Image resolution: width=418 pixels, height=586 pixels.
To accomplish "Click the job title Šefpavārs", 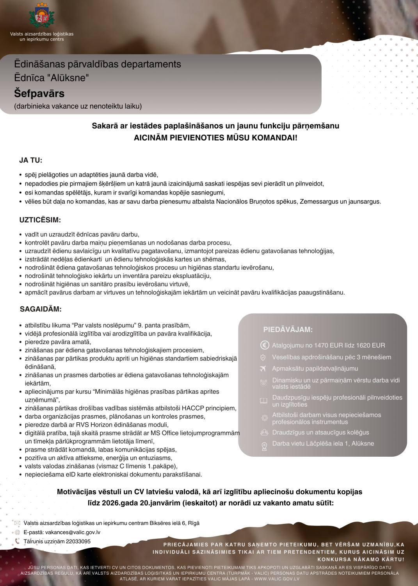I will (39, 93).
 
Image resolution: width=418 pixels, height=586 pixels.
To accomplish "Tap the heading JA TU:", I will (31, 160).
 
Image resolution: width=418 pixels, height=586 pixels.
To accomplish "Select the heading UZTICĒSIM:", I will (40, 220).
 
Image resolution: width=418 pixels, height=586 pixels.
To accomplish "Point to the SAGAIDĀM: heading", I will (41, 309).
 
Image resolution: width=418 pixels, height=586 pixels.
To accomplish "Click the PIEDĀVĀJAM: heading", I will (288, 329).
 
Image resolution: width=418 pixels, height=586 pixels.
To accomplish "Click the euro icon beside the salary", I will (265, 345).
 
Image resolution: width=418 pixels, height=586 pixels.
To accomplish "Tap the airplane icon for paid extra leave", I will (263, 368).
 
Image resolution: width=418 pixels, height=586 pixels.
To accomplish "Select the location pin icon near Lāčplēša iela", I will (264, 446).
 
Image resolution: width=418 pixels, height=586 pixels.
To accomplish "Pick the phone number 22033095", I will (78, 541).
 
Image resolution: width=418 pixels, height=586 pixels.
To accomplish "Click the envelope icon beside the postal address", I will (17, 523).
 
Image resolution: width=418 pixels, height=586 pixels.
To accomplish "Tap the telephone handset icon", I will (17, 541).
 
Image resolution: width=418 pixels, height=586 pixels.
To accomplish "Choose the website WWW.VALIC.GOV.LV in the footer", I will (277, 579).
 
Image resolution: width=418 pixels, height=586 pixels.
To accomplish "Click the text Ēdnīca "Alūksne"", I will (52, 78).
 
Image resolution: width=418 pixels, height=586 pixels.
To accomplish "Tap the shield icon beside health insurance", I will (263, 357).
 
